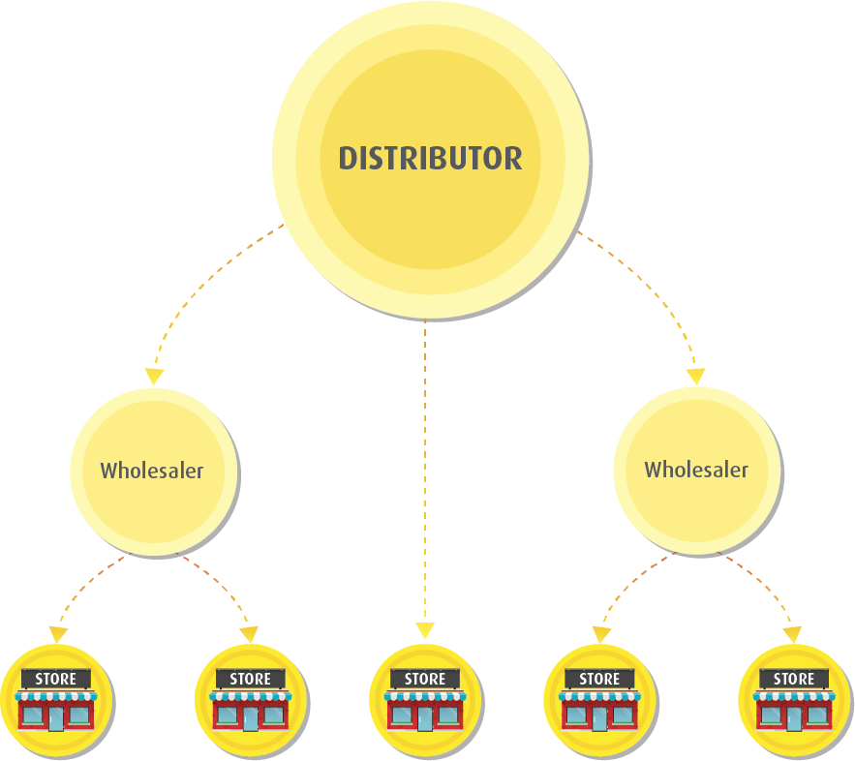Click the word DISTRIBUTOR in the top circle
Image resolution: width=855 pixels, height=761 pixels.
430,159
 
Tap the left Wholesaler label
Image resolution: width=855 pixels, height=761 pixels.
152,472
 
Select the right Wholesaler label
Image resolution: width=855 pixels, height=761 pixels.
696,471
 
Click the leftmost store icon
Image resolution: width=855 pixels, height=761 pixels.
56,699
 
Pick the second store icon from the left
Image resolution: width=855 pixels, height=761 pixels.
251,699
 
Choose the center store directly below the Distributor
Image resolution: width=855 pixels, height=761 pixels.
425,699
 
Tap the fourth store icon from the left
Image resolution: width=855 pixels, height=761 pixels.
599,699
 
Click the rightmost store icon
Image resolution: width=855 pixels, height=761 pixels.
794,699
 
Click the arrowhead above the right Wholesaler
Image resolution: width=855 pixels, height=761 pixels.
696,376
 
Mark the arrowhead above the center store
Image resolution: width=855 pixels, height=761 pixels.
425,630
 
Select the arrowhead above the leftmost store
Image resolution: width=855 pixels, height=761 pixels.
58,634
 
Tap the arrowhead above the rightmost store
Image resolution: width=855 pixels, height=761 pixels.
793,634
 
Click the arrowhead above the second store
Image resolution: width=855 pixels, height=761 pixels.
249,634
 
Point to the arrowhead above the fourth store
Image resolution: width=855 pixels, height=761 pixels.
601,634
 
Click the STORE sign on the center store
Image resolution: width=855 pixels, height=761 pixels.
425,679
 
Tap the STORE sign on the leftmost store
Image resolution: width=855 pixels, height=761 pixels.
56,679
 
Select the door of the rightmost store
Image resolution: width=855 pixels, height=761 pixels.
794,718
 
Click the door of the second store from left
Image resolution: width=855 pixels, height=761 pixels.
251,718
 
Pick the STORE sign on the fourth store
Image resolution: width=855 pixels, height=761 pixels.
599,679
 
